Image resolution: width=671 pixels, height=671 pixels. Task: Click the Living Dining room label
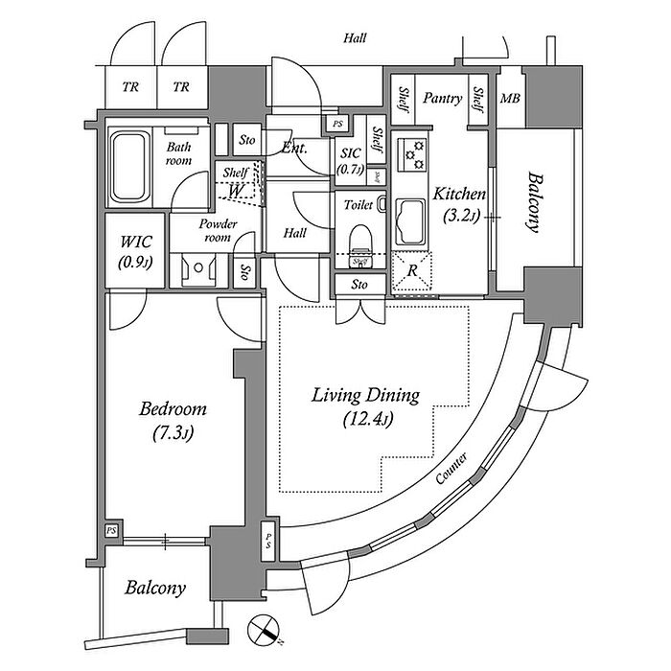click(x=367, y=394)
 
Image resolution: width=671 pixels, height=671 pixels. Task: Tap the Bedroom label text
click(x=174, y=409)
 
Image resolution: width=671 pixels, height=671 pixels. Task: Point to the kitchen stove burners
click(x=415, y=153)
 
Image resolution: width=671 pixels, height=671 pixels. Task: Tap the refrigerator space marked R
click(x=412, y=269)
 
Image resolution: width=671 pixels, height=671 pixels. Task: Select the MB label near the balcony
click(x=509, y=99)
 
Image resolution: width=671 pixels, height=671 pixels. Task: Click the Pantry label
click(x=443, y=98)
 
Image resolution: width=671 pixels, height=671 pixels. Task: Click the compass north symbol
click(x=264, y=631)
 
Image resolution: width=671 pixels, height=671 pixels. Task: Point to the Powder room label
click(x=218, y=230)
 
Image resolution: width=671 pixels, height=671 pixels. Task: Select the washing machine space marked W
click(x=234, y=190)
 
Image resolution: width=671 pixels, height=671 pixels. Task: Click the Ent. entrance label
click(x=293, y=148)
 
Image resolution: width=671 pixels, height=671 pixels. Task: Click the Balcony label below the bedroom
click(x=155, y=588)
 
